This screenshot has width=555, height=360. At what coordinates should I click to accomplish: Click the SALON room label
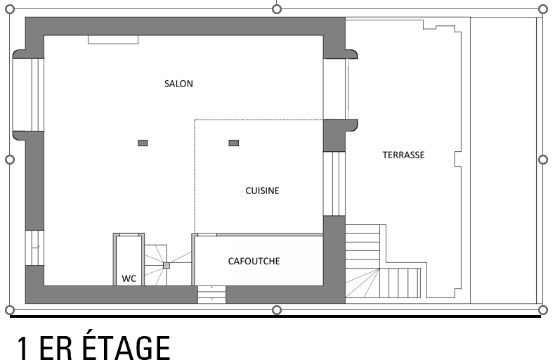178,84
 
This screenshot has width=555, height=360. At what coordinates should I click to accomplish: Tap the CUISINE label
262,191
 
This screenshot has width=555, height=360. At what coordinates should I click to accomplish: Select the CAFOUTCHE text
254,261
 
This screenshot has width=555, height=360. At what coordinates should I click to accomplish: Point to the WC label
129,278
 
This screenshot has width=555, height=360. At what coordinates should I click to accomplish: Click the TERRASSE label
403,155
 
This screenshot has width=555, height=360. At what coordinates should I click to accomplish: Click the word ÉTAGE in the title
126,347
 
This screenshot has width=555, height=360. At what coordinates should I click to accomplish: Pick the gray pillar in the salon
143,143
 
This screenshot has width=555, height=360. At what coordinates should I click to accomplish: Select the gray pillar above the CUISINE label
234,143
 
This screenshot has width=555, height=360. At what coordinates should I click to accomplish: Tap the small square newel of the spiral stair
166,265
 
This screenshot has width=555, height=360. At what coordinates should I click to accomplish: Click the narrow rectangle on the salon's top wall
113,39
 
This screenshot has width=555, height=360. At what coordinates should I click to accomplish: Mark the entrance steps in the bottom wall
211,295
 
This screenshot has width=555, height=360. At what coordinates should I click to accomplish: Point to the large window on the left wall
28,95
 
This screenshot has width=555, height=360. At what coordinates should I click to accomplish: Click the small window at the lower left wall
34,247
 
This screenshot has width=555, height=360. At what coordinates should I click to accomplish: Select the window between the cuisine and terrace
334,184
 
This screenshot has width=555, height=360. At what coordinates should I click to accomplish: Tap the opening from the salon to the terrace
334,89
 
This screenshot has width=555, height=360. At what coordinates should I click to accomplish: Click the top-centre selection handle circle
277,9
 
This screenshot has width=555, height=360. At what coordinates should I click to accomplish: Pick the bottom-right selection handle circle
542,310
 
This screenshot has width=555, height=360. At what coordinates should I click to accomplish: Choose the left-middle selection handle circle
10,160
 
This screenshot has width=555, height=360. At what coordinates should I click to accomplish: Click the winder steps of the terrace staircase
363,283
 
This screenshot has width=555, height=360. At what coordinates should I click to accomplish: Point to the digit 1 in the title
23,348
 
